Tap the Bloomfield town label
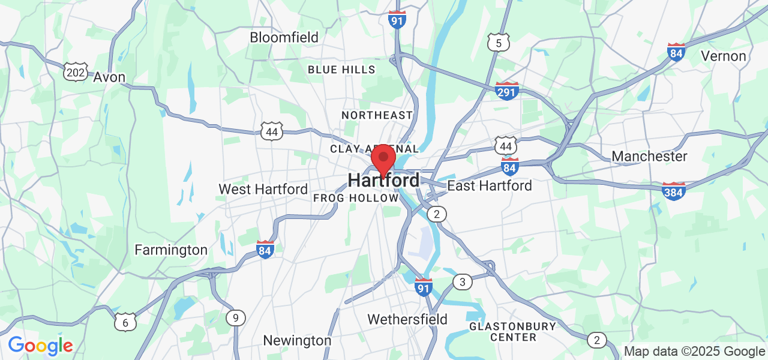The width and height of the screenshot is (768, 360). click(x=284, y=37)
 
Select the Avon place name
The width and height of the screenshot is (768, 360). click(x=109, y=77)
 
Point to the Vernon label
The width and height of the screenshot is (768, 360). click(x=724, y=56)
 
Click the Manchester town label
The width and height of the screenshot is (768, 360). click(x=649, y=157)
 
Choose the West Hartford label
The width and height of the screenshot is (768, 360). click(x=263, y=189)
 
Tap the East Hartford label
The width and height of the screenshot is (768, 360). click(x=490, y=186)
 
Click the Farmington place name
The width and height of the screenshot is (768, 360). click(x=171, y=250)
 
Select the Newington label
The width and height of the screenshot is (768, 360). click(x=297, y=341)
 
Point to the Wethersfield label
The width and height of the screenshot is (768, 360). click(x=407, y=319)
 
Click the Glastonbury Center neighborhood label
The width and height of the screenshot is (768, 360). click(x=512, y=332)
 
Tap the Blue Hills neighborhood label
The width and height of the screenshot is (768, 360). click(x=341, y=70)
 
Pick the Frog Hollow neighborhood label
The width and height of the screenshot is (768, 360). click(x=356, y=197)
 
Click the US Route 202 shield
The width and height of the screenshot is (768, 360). click(x=76, y=73)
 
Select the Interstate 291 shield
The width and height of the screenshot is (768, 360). click(x=507, y=91)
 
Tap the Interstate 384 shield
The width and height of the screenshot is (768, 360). click(x=674, y=191)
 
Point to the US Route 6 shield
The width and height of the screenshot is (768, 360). click(x=125, y=322)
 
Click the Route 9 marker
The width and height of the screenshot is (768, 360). click(x=236, y=318)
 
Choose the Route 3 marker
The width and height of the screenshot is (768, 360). click(x=462, y=281)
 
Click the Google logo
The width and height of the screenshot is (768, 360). click(x=40, y=346)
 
